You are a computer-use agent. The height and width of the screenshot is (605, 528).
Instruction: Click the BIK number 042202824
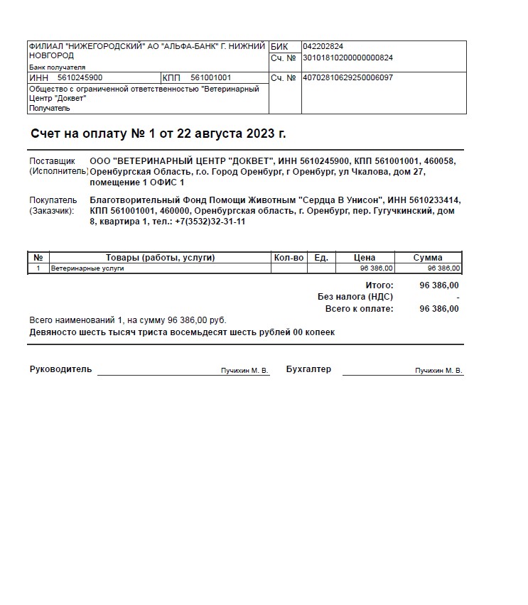323,46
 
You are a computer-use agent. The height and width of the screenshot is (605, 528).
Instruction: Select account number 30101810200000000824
347,58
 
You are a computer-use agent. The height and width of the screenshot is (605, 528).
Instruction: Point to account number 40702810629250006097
347,77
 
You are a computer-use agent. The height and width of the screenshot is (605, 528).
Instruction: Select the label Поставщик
52,161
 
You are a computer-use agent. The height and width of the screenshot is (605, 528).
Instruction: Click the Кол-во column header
289,258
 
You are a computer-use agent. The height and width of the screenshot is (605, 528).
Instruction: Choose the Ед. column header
321,258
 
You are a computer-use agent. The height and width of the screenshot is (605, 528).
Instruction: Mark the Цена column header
365,258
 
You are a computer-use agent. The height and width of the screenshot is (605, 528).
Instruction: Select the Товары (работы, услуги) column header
160,258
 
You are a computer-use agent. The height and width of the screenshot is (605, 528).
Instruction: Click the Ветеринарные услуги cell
87,268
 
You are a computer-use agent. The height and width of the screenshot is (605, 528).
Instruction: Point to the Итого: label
379,285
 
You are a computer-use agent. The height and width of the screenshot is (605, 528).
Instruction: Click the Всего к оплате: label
359,309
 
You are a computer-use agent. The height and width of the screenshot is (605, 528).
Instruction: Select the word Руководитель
61,369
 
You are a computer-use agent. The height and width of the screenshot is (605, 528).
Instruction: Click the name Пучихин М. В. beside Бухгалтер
438,371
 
